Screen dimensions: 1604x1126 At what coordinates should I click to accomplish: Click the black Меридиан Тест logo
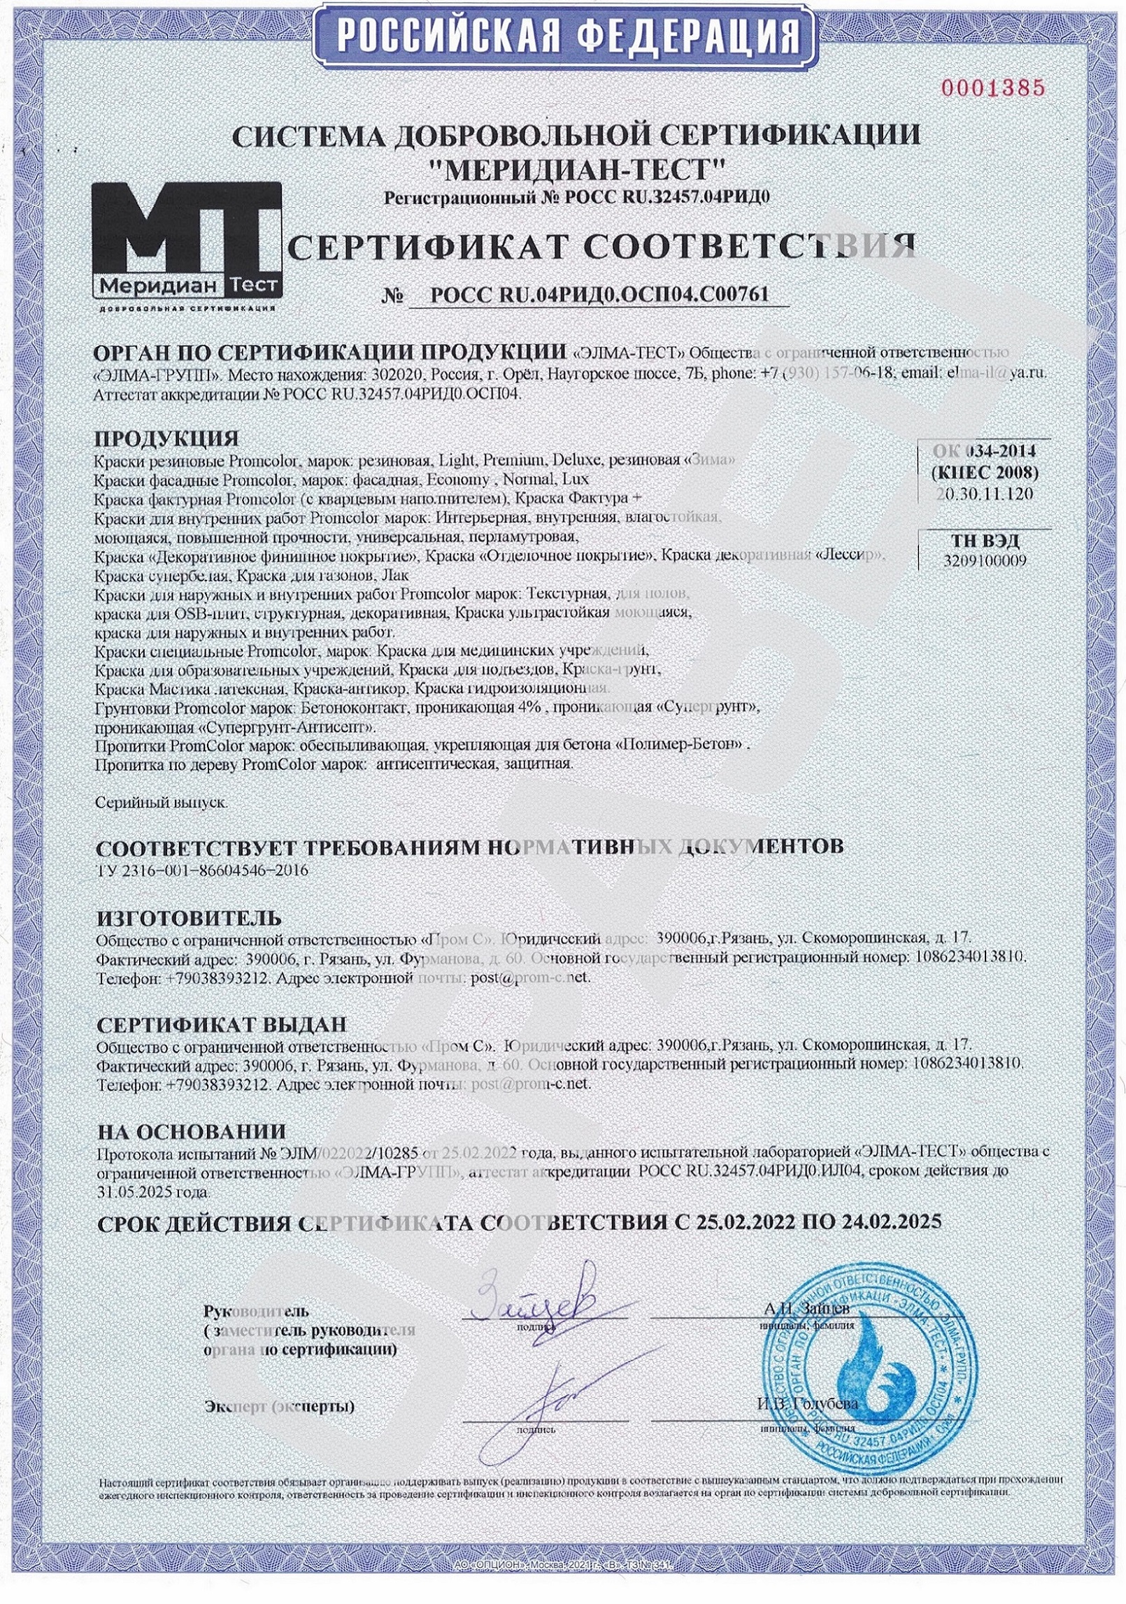[187, 242]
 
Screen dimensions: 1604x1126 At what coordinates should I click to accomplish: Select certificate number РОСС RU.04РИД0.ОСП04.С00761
[599, 294]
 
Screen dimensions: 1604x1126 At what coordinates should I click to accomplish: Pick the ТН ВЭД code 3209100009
[984, 560]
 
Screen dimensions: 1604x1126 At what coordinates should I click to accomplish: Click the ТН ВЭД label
[984, 540]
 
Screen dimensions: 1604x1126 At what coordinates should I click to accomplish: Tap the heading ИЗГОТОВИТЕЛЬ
[189, 917]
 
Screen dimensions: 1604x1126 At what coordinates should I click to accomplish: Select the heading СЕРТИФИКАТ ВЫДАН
[221, 1024]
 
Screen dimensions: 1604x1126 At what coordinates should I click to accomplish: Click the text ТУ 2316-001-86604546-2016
[201, 871]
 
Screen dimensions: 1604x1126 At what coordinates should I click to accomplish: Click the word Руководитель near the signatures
[255, 1309]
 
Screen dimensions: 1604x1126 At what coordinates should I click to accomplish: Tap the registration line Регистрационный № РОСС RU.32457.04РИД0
[577, 197]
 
